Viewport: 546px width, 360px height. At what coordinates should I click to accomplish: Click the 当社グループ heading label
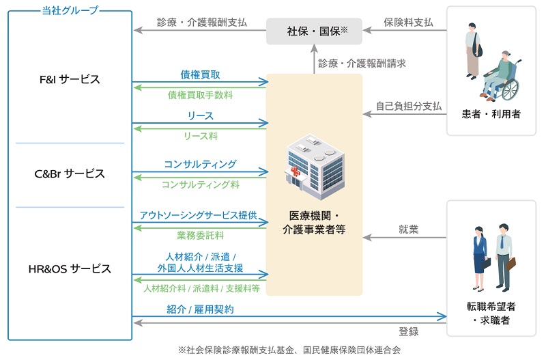click(70, 10)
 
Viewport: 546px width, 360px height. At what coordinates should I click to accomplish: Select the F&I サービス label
click(70, 79)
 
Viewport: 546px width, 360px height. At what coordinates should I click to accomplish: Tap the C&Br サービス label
click(70, 174)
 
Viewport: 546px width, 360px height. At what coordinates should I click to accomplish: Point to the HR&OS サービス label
click(70, 268)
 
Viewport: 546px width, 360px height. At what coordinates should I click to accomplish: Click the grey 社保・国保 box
click(313, 30)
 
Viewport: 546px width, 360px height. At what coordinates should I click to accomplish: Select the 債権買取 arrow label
click(200, 74)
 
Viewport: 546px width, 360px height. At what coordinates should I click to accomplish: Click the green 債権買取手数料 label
click(200, 95)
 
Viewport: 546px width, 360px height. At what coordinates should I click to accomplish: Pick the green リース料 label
click(200, 136)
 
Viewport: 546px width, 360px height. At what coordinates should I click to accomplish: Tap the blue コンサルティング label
click(200, 164)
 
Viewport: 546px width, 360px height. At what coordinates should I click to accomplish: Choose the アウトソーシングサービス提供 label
click(198, 214)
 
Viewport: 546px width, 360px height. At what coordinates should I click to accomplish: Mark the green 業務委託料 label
click(200, 236)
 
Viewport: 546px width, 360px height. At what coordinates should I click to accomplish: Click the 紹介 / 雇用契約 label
click(200, 309)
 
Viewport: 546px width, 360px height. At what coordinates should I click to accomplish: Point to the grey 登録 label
click(408, 331)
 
